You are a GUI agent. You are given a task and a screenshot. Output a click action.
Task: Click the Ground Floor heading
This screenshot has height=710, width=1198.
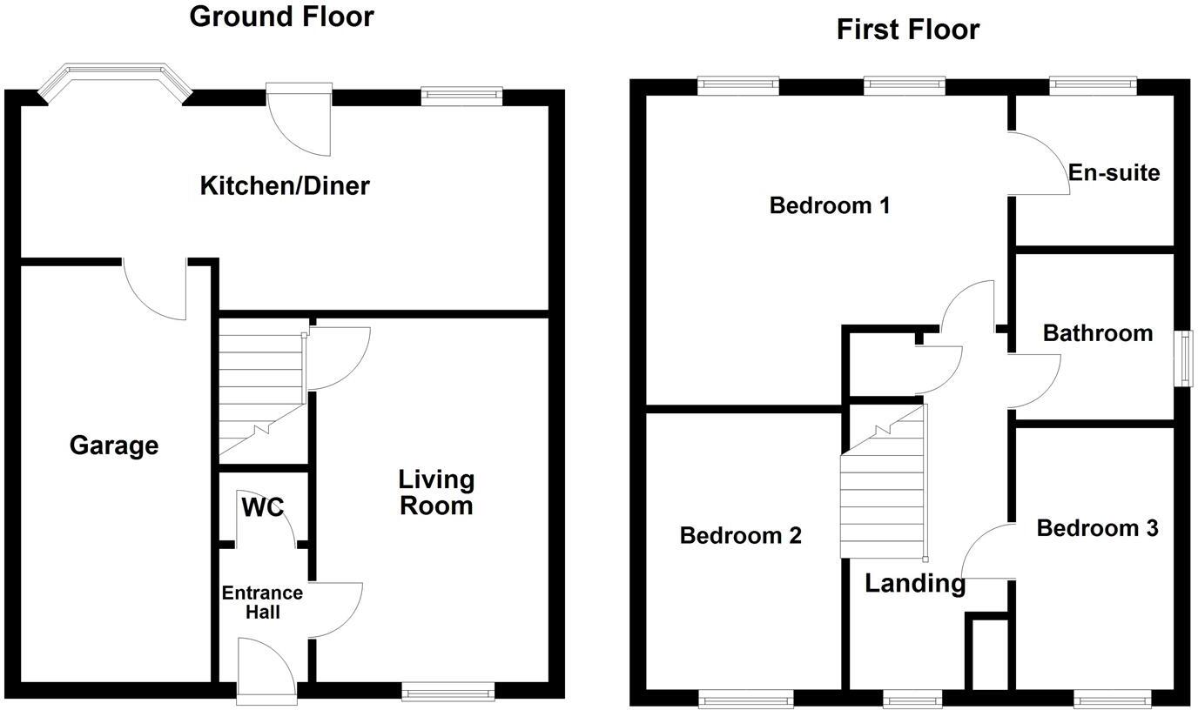281,17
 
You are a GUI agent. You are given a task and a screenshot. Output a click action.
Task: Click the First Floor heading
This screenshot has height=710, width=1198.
907,30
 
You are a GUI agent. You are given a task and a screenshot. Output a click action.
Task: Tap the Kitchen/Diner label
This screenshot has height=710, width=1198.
285,185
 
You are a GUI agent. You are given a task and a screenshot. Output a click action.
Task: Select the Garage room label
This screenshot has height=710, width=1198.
113,445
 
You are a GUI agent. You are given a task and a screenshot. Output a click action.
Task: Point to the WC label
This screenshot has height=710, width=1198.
262,506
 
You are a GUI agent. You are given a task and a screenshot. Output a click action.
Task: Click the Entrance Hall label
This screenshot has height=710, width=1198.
262,602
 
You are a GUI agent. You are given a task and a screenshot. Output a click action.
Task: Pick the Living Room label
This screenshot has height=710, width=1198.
436,492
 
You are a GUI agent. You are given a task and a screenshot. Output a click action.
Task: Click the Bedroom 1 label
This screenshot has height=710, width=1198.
830,206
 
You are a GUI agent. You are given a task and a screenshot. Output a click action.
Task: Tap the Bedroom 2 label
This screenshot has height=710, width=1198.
740,535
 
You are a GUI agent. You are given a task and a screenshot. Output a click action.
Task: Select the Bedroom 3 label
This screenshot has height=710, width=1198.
1097,528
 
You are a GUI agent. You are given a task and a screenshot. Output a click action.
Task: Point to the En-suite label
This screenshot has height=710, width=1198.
1114,172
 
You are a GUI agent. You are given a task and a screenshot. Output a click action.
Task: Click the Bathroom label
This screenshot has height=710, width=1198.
1097,333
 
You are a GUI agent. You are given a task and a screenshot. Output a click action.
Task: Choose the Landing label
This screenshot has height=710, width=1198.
914,583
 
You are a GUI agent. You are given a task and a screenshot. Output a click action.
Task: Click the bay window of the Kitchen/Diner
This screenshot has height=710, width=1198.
115,80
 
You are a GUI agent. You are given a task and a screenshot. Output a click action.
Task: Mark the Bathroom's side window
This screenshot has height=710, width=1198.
1185,358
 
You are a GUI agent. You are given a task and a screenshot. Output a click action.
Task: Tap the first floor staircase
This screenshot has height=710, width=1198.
881,487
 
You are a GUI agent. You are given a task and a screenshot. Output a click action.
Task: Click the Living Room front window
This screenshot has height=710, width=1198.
448,692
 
